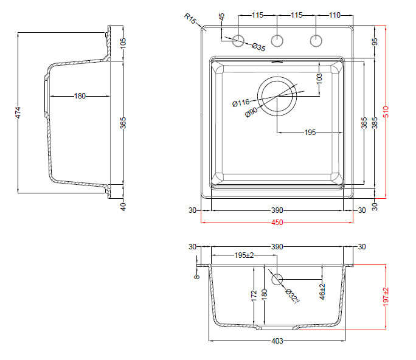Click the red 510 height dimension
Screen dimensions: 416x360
(x=386, y=112)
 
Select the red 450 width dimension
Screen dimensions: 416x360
(x=277, y=223)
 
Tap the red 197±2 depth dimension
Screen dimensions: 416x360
(x=386, y=297)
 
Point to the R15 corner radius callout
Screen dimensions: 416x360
(x=190, y=18)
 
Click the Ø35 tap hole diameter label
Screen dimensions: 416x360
(x=258, y=47)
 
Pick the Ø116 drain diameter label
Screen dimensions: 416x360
(x=241, y=103)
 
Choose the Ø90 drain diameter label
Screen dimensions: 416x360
(x=251, y=112)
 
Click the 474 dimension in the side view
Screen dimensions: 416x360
(x=18, y=112)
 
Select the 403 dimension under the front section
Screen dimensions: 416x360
(x=277, y=341)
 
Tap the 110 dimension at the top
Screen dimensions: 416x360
(x=335, y=15)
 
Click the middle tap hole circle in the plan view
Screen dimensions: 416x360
(x=277, y=41)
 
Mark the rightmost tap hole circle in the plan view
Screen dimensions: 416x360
(x=316, y=41)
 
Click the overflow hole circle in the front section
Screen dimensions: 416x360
(x=277, y=279)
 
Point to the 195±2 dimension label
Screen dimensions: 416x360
(x=244, y=255)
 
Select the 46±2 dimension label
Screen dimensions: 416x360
(x=322, y=291)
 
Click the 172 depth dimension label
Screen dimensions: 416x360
(x=254, y=296)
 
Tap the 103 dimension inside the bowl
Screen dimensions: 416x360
(x=319, y=79)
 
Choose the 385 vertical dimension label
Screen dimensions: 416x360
(x=375, y=123)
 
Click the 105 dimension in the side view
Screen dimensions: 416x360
(x=123, y=44)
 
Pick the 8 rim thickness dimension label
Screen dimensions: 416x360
(x=196, y=277)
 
